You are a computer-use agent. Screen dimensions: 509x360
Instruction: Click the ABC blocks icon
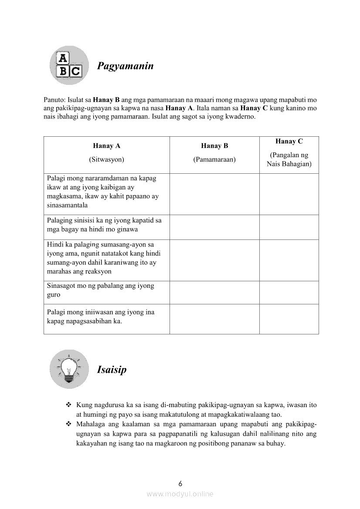[69, 65]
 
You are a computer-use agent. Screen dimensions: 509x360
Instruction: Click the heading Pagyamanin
[125, 66]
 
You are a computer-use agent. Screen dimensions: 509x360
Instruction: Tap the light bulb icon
[69, 369]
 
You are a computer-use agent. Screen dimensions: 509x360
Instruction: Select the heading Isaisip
[112, 370]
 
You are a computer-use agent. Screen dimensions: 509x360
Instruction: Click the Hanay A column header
[106, 146]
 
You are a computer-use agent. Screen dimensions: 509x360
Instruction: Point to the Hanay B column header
[214, 146]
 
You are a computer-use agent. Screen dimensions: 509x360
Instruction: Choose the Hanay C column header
[289, 142]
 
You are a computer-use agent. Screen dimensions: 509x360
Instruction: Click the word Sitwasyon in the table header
[106, 159]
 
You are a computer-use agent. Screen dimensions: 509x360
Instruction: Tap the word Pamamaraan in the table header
[214, 159]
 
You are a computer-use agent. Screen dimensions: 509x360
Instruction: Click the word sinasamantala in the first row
[67, 206]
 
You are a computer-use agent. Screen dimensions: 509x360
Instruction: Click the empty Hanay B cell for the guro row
[214, 292]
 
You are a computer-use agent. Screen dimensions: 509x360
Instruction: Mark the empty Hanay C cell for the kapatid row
[289, 227]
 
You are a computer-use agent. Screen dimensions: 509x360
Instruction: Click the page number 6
[180, 484]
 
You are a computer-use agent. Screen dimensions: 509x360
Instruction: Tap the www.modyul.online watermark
[180, 494]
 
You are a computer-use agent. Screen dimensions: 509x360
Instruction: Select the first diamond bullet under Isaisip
[68, 405]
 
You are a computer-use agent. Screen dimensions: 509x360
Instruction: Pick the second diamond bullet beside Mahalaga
[68, 424]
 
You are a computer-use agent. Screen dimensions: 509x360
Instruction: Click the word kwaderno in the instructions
[241, 117]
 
